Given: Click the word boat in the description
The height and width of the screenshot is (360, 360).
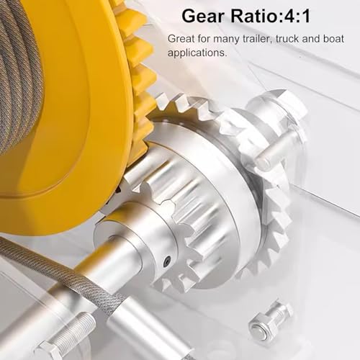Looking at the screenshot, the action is coord(333,38).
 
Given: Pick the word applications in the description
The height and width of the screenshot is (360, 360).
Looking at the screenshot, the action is coord(197,53).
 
